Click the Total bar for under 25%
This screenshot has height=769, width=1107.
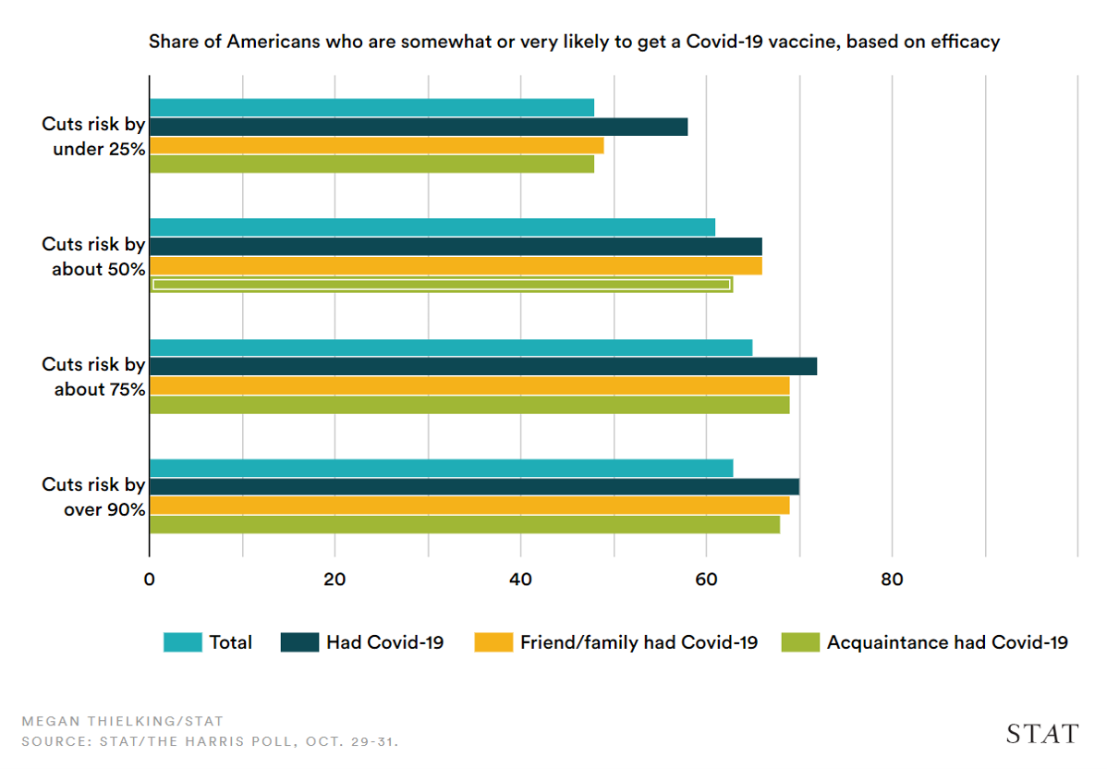pyautogui.click(x=371, y=108)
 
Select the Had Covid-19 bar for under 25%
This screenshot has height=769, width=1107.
pyautogui.click(x=418, y=127)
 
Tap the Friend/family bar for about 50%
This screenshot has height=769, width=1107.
pyautogui.click(x=456, y=265)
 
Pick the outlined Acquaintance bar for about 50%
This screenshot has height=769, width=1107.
pyautogui.click(x=441, y=285)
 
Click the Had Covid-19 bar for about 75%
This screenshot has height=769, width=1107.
pyautogui.click(x=482, y=367)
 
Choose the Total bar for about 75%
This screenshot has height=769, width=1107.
pyautogui.click(x=450, y=348)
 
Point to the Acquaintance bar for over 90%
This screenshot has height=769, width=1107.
pyautogui.click(x=464, y=525)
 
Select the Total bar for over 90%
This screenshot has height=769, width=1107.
pyautogui.click(x=441, y=468)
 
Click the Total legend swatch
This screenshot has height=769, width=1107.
pyautogui.click(x=182, y=642)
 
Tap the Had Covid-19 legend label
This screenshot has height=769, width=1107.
pyautogui.click(x=384, y=642)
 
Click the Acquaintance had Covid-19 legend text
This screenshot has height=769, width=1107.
pyautogui.click(x=947, y=642)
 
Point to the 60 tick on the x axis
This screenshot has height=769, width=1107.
pyautogui.click(x=706, y=580)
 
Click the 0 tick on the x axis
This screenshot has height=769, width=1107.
pyautogui.click(x=149, y=580)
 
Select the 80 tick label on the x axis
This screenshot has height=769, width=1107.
pyautogui.click(x=892, y=580)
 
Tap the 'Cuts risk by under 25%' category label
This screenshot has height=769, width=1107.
pyautogui.click(x=93, y=136)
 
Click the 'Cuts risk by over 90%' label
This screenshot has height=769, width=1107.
pyautogui.click(x=93, y=496)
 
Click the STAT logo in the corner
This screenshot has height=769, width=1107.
pyautogui.click(x=1041, y=734)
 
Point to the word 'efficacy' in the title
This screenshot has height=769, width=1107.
pyautogui.click(x=966, y=42)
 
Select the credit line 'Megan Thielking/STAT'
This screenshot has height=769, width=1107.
pyautogui.click(x=122, y=721)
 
